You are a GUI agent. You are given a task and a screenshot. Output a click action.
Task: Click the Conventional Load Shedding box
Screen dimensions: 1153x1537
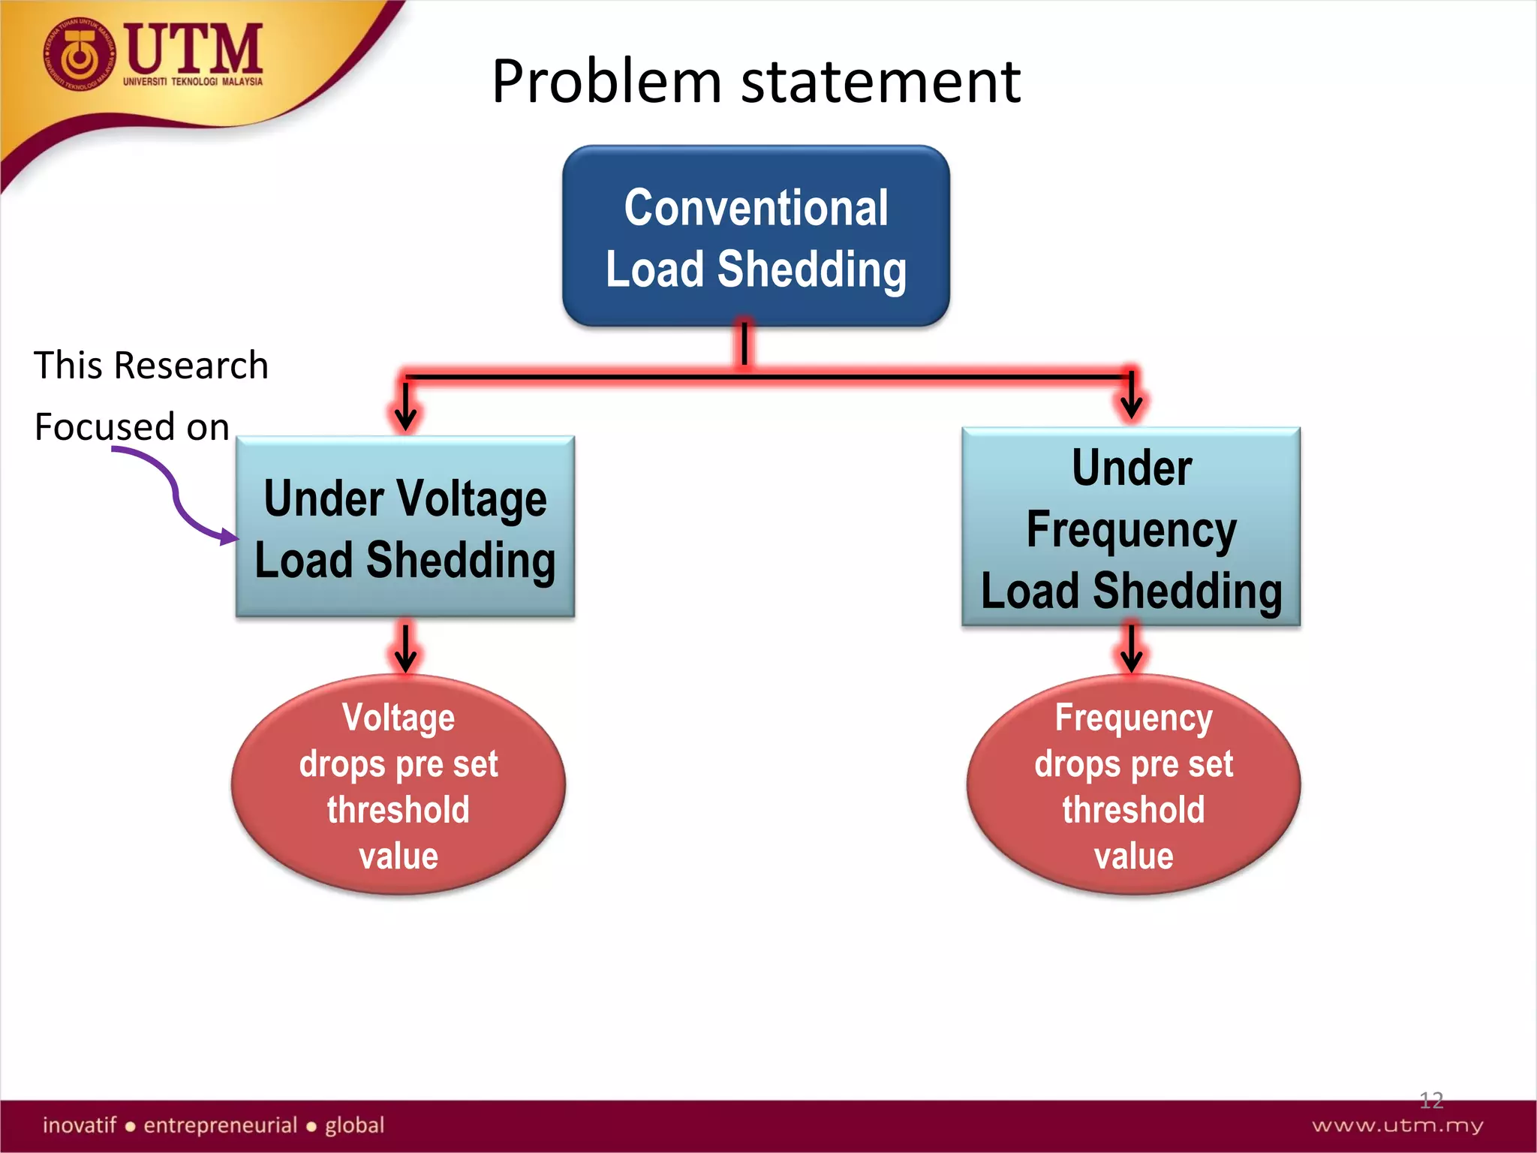(756, 236)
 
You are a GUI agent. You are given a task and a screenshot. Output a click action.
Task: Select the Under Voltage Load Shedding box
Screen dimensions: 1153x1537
(405, 528)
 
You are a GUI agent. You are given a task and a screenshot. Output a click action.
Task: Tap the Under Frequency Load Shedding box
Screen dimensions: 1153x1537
(1131, 528)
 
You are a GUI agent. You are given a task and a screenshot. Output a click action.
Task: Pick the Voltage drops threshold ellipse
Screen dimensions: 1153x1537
(399, 786)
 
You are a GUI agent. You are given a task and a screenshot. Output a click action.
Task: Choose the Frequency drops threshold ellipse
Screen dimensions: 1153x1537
(1133, 786)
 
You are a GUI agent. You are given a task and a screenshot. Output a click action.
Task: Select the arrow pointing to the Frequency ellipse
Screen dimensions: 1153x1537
(1131, 649)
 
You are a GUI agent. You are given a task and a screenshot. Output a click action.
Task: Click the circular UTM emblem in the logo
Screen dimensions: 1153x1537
(79, 56)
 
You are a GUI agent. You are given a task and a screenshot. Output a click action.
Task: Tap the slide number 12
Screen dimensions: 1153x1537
(1431, 1100)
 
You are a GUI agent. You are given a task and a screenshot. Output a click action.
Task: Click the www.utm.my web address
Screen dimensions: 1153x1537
(1397, 1125)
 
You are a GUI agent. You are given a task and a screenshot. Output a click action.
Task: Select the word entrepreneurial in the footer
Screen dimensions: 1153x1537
(221, 1125)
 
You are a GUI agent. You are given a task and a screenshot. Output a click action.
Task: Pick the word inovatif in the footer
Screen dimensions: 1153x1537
(80, 1125)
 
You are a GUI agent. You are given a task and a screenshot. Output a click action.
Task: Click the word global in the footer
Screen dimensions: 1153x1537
(354, 1125)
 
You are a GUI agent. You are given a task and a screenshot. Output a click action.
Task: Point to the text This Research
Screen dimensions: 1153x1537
(151, 366)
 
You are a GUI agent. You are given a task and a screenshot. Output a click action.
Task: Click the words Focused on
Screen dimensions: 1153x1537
(132, 426)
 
